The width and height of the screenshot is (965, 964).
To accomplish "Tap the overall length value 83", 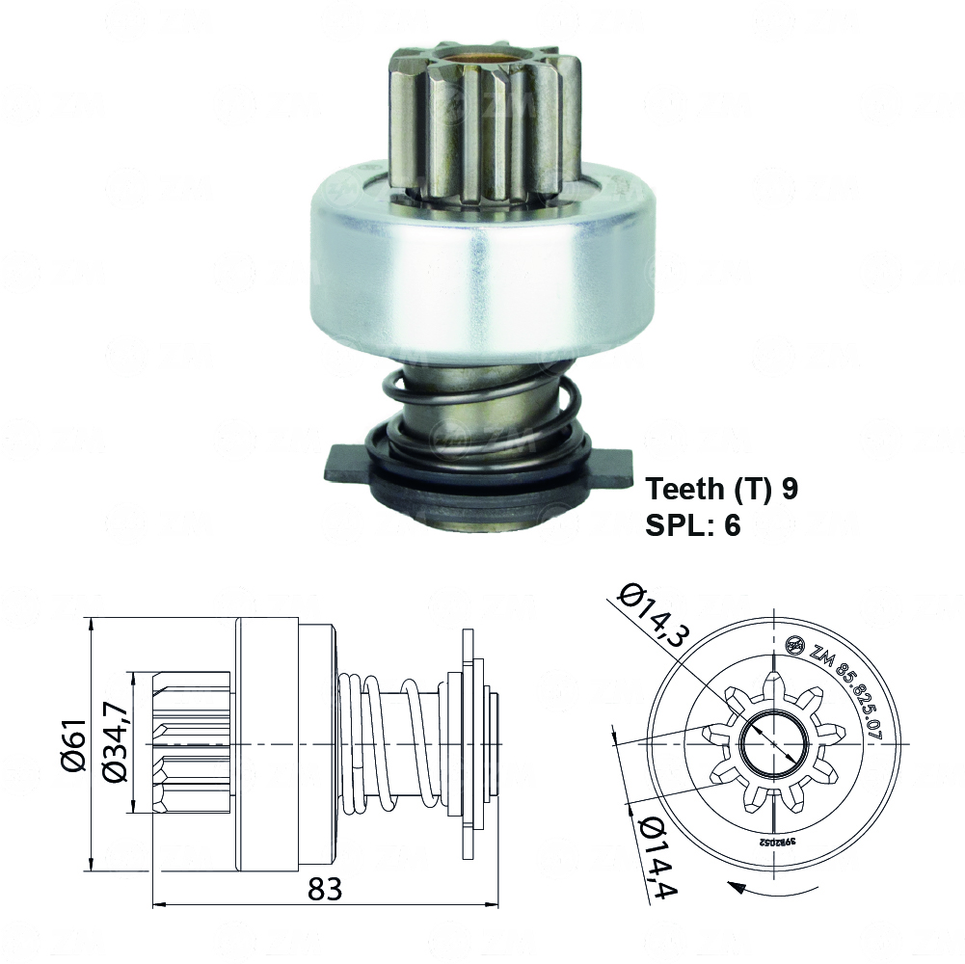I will point(326,889).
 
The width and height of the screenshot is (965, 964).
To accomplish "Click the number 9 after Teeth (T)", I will point(790,489).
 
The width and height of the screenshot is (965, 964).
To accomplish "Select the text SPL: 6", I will point(692,526).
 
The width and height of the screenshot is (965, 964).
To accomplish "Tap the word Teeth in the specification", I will point(679,489).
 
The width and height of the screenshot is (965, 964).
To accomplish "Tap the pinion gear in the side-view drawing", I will point(191,744).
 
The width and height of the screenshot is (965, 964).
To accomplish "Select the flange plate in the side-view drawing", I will point(469,744).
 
